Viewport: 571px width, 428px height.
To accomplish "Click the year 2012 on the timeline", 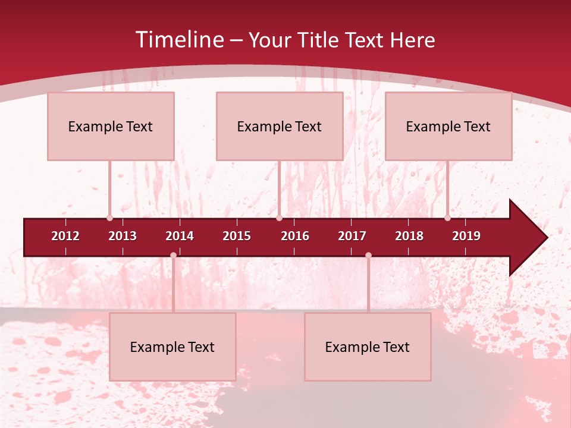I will [x=65, y=236].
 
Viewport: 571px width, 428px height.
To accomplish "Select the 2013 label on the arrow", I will [x=123, y=236].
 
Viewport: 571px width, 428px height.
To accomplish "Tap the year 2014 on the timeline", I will [x=180, y=236].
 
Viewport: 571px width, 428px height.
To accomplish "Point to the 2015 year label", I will [x=237, y=236].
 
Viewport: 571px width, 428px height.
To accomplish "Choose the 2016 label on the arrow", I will [x=295, y=236].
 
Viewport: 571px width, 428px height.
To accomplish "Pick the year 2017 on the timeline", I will [x=352, y=236].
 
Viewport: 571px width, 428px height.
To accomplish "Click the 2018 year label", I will [x=409, y=236].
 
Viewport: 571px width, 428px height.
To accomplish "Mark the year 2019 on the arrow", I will [x=466, y=236].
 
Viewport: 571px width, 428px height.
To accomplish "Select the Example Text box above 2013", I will [x=111, y=126].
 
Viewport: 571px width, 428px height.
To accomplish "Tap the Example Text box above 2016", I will [x=280, y=126].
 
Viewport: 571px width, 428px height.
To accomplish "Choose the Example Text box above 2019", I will [x=448, y=126].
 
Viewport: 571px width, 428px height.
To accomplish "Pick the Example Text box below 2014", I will [x=172, y=347].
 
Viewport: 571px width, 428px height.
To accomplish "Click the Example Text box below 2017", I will [x=368, y=347].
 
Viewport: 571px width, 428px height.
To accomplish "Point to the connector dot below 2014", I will [x=173, y=255].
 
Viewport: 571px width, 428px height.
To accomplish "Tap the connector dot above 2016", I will [x=279, y=218].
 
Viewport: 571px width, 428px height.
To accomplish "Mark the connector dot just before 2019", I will [x=447, y=218].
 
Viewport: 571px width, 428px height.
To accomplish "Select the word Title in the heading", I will [x=319, y=40].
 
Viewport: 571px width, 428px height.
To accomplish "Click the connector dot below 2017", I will [x=368, y=255].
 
